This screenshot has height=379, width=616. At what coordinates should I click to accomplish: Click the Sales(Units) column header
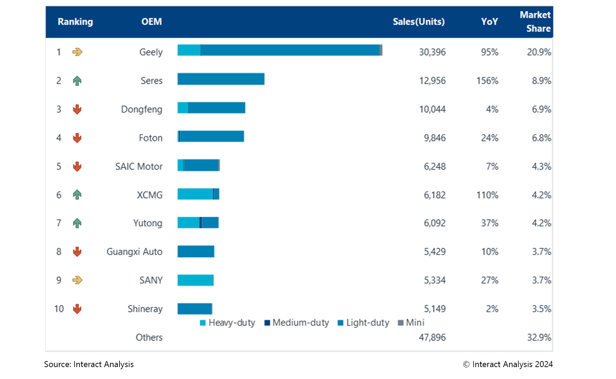(418, 22)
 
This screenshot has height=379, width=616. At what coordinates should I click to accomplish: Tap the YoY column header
(489, 22)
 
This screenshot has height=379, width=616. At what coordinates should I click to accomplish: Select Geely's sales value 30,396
(432, 52)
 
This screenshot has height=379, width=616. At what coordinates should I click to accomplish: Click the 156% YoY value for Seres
(487, 81)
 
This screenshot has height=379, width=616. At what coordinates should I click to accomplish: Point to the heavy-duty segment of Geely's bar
(189, 50)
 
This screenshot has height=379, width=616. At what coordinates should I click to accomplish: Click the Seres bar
(221, 79)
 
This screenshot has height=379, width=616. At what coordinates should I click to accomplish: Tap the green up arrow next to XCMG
(77, 194)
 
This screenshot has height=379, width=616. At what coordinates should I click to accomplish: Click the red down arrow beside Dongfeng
(77, 109)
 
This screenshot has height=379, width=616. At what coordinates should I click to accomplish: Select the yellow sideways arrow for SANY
(77, 280)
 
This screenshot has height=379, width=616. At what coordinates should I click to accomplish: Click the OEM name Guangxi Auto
(134, 252)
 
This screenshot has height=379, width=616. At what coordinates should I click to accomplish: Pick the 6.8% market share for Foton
(541, 138)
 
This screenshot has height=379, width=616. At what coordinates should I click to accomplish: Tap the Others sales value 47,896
(432, 337)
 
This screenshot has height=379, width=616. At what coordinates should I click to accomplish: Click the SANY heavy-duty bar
(195, 280)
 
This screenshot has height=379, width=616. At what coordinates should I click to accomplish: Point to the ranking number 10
(59, 309)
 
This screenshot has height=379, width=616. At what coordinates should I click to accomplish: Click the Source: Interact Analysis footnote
(89, 364)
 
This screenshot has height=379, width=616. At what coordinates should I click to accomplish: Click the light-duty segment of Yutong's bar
(210, 222)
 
